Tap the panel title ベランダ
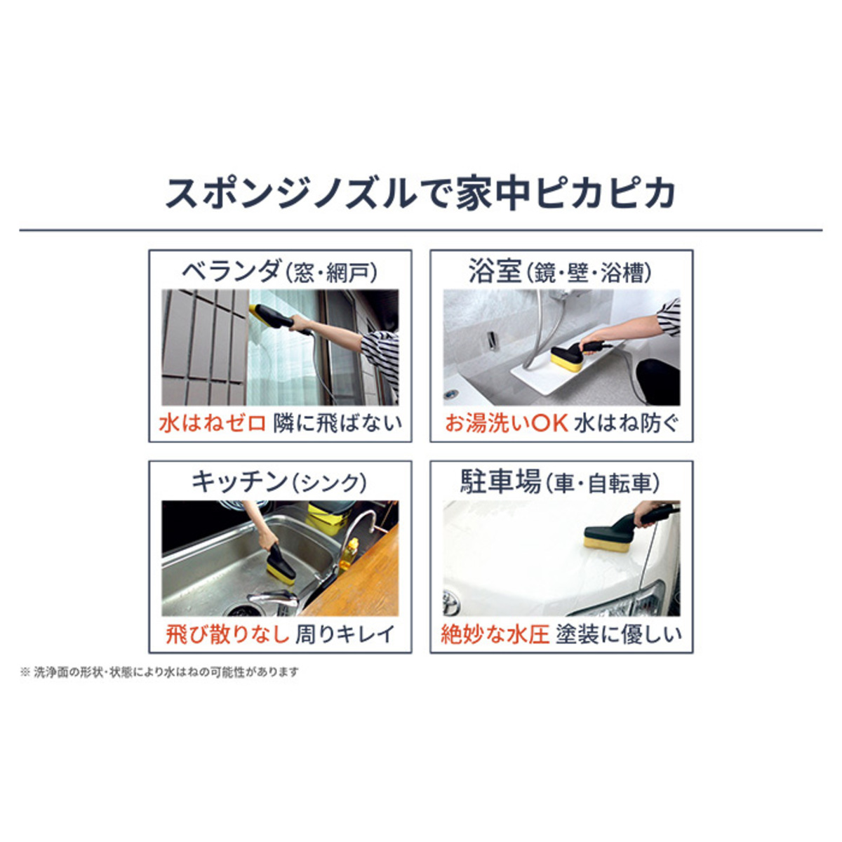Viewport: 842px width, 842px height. pyautogui.click(x=231, y=271)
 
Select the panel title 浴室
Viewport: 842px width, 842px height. pyautogui.click(x=495, y=271)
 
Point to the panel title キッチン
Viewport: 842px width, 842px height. pyautogui.click(x=239, y=482)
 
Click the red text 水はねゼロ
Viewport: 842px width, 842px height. pyautogui.click(x=213, y=423)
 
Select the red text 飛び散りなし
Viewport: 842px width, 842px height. pyautogui.click(x=227, y=634)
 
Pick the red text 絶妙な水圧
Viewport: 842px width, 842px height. pyautogui.click(x=495, y=634)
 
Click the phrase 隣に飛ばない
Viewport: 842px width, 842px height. pyautogui.click(x=338, y=423)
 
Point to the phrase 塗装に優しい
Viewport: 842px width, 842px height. pyautogui.click(x=619, y=634)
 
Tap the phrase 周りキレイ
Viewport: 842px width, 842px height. pyautogui.click(x=345, y=634)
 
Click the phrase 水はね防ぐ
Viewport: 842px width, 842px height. pyautogui.click(x=627, y=423)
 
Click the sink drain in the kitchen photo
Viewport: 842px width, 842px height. pyautogui.click(x=241, y=610)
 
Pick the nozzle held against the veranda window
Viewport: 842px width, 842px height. pyautogui.click(x=272, y=316)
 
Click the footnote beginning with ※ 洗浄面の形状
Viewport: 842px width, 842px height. pyautogui.click(x=159, y=671)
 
